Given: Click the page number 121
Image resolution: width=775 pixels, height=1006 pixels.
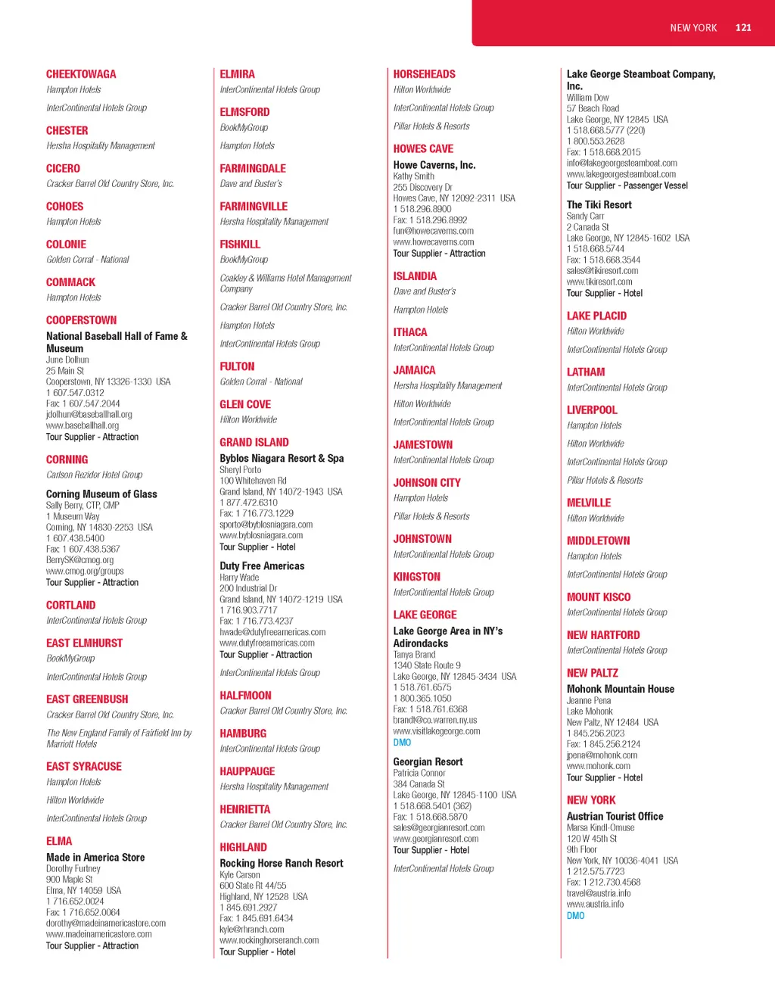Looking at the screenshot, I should [x=743, y=28].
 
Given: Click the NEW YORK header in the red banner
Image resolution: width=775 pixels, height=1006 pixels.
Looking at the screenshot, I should [x=693, y=28].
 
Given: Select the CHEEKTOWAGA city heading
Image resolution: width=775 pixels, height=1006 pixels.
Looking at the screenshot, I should [x=81, y=74].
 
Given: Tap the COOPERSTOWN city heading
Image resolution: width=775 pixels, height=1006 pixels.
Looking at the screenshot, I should [x=82, y=320].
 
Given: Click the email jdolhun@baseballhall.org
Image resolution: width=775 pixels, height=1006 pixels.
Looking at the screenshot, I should [x=89, y=415].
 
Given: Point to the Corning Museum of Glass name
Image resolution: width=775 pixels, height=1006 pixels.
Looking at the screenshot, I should [x=101, y=494].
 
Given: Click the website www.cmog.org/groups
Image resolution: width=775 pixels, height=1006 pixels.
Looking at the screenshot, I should [x=85, y=572].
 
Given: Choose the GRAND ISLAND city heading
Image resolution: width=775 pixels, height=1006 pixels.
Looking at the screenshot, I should [x=254, y=443].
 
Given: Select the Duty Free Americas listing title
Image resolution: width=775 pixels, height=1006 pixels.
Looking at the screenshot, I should [x=262, y=566].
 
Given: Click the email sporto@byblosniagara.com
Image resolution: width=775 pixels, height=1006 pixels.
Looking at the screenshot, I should [x=266, y=525].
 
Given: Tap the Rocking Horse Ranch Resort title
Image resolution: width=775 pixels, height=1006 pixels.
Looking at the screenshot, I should [x=282, y=864].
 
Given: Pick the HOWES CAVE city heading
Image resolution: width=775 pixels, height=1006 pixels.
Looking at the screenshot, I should [x=423, y=149].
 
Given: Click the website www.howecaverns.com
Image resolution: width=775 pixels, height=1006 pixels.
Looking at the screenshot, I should [x=434, y=242].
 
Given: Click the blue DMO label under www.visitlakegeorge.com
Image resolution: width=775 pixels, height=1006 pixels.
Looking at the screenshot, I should [x=402, y=743].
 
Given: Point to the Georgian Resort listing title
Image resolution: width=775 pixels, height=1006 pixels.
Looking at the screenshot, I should [x=428, y=762].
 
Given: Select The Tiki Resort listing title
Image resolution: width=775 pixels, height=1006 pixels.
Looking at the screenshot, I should [x=599, y=205].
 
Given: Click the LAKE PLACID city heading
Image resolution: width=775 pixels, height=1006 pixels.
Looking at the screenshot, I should [x=597, y=316].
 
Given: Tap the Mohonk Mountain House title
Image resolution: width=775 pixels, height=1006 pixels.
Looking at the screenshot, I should [x=621, y=690].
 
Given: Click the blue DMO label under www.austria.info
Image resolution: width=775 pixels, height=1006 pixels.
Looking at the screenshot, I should [x=576, y=916].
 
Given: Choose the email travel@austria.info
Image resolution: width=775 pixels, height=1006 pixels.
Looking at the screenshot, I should [x=599, y=893].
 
